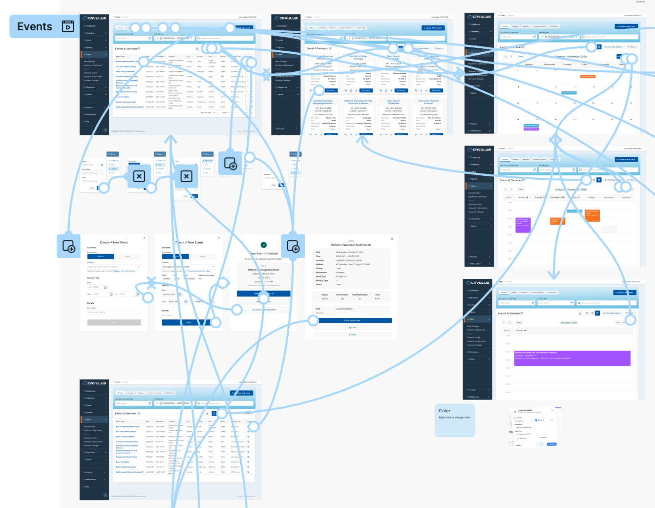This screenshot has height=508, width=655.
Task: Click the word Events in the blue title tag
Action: [34, 27]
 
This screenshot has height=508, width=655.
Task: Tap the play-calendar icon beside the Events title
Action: [68, 26]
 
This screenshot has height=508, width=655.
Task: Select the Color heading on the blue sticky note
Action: [444, 411]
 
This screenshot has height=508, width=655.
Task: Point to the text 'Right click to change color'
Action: [454, 418]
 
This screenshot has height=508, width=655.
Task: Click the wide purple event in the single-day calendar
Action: [571, 358]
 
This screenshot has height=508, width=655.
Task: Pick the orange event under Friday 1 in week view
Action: [592, 215]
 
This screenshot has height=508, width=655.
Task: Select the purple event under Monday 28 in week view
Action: [523, 225]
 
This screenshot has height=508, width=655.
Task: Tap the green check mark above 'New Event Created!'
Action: [264, 245]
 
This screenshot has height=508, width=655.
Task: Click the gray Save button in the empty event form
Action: [114, 322]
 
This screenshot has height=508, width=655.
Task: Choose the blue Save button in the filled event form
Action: [189, 322]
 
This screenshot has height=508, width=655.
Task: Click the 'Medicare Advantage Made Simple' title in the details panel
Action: [351, 245]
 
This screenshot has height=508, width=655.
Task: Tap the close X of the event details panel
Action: [392, 239]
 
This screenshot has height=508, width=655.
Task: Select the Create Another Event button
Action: [264, 310]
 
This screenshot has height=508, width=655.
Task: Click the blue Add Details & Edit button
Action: [353, 320]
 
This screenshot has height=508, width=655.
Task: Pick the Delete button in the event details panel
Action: [353, 335]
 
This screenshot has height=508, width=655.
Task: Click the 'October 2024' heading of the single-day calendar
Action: [569, 323]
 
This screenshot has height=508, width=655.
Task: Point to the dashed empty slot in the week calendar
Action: [609, 229]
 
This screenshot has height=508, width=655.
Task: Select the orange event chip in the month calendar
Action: [588, 77]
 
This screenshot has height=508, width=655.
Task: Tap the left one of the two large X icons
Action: [139, 176]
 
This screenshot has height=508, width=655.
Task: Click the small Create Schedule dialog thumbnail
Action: [534, 427]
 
